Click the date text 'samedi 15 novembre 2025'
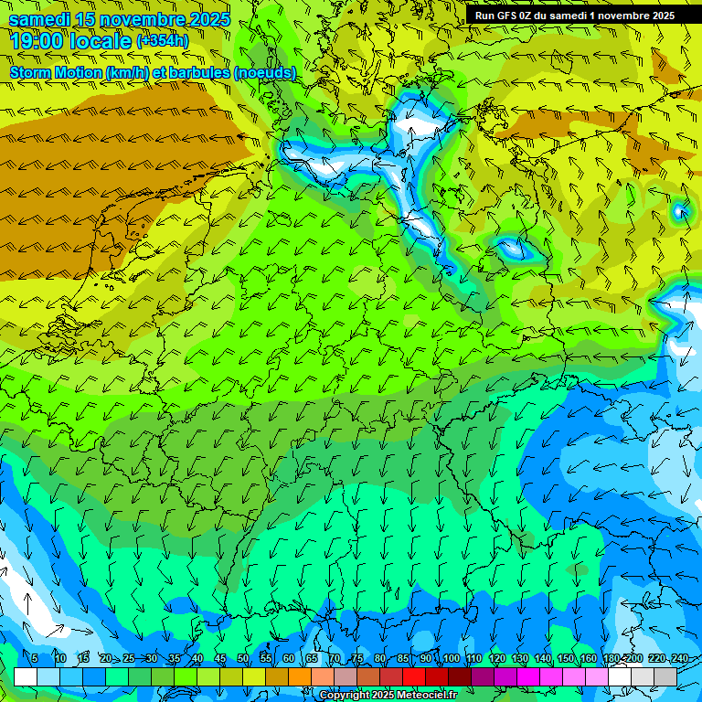pyautogui.click(x=119, y=19)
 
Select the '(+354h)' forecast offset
pyautogui.click(x=163, y=41)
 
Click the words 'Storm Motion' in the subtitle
pyautogui.click(x=56, y=72)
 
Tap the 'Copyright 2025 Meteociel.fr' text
pyautogui.click(x=388, y=695)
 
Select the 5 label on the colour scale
pyautogui.click(x=35, y=658)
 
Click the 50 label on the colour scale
pyautogui.click(x=243, y=658)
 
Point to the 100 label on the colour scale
pyautogui.click(x=450, y=658)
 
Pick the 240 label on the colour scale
pyautogui.click(x=678, y=658)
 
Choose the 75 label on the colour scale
pyautogui.click(x=357, y=658)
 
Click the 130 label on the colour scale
pyautogui.click(x=519, y=658)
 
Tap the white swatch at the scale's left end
pyautogui.click(x=26, y=676)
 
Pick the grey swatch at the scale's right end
pyautogui.click(x=665, y=676)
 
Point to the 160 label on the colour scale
pyautogui.click(x=588, y=658)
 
